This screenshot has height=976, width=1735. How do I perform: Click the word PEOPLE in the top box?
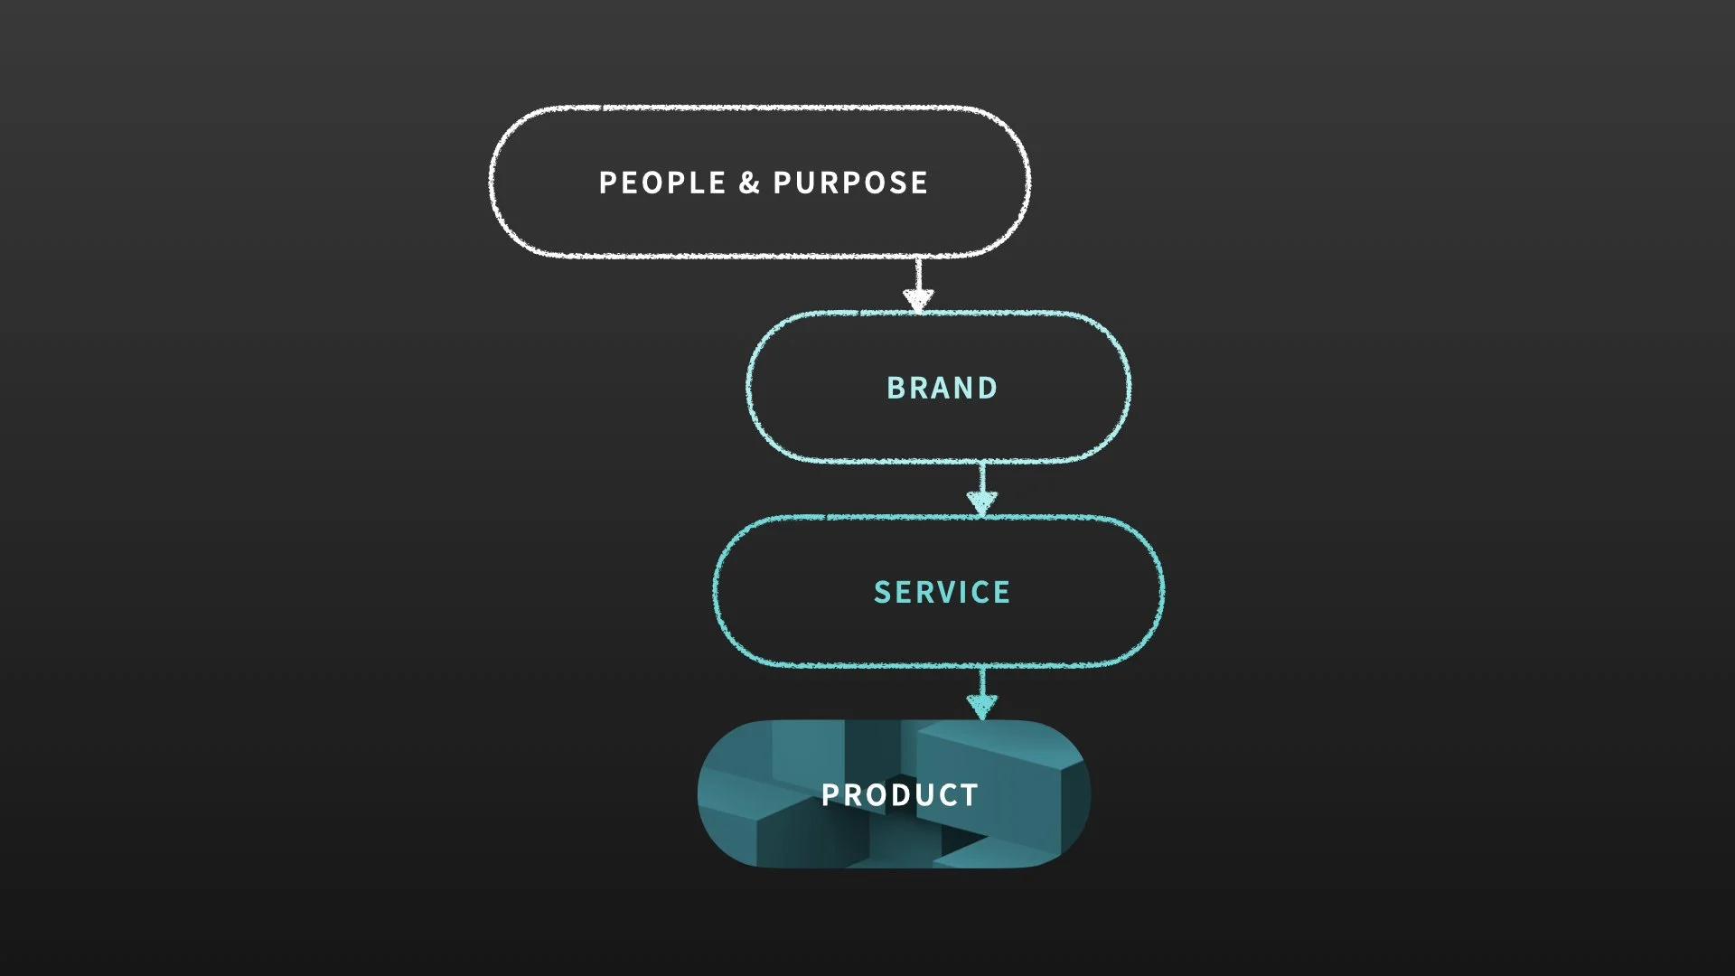[x=662, y=183]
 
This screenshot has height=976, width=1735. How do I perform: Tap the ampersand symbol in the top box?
[x=749, y=183]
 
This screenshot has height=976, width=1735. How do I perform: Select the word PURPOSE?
[x=850, y=183]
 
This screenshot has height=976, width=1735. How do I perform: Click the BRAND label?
[x=942, y=388]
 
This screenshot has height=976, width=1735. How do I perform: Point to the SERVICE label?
[x=942, y=592]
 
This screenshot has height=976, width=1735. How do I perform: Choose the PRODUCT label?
[x=899, y=795]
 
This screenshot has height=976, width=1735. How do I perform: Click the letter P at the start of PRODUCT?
[x=830, y=795]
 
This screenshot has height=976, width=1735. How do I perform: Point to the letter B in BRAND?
[x=896, y=388]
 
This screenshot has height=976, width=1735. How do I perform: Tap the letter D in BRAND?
[x=988, y=388]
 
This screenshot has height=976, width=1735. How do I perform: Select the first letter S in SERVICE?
[x=882, y=592]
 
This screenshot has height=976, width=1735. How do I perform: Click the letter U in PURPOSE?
[x=806, y=183]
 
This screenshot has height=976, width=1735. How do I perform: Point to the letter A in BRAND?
[x=941, y=388]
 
